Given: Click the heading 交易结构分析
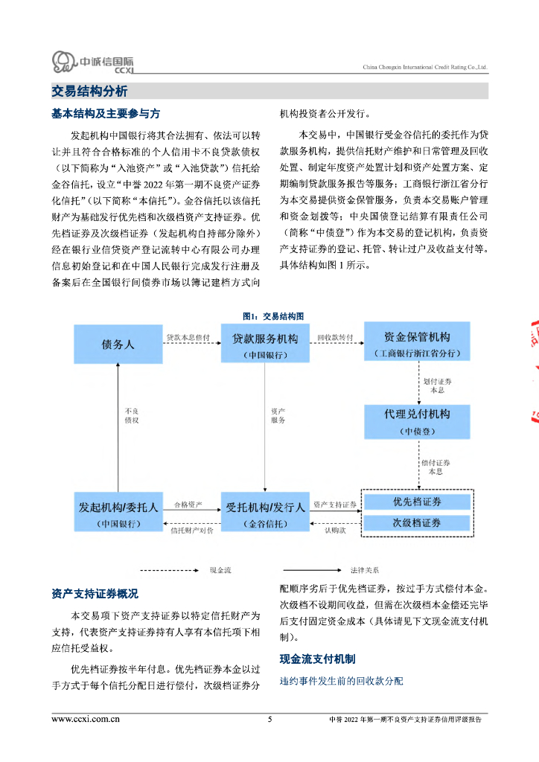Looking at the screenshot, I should pos(89,92).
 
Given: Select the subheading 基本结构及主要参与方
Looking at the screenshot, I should pos(105,114).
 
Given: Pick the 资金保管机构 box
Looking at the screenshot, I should pos(416,343).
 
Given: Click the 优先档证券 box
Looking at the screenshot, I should pos(417,502).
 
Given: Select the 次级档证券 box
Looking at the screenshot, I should pos(417,522).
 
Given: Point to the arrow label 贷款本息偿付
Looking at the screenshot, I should pos(188,337).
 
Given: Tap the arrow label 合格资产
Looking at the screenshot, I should pos(188,505).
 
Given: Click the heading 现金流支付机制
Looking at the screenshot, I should pos(317,659).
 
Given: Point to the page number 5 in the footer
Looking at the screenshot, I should pos(269,720).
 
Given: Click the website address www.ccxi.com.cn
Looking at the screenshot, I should pos(86,720).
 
